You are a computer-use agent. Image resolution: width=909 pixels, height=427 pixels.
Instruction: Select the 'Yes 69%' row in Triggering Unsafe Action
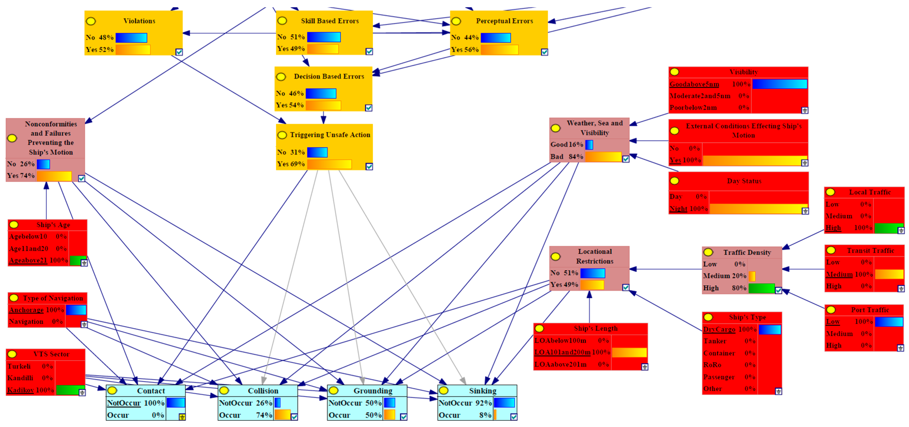(291, 164)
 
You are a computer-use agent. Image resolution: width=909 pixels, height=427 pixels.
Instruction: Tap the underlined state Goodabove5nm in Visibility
(694, 84)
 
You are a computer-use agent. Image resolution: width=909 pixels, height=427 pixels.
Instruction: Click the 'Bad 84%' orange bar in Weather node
(603, 157)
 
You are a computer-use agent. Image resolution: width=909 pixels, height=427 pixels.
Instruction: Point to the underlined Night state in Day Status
(678, 209)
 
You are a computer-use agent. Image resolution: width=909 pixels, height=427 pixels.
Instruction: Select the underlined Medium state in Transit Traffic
(839, 275)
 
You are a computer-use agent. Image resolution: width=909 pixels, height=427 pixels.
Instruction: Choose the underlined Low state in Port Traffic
(833, 322)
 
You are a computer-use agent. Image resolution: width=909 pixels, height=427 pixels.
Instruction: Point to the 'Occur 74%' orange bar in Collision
(282, 415)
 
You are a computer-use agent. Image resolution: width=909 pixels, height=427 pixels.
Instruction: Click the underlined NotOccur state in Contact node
(124, 403)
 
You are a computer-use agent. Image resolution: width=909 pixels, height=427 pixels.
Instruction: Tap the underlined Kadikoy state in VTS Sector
(21, 390)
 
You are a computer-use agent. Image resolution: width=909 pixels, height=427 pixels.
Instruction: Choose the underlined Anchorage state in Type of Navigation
(26, 310)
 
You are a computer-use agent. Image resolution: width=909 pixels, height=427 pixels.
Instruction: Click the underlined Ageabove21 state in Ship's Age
(28, 260)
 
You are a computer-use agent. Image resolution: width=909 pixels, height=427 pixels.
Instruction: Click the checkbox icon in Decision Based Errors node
(368, 108)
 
